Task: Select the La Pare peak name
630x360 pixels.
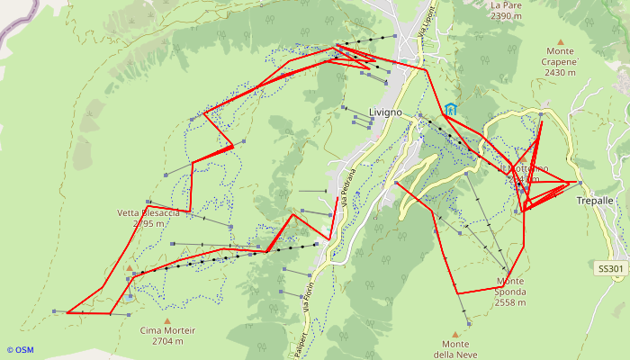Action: [506, 4]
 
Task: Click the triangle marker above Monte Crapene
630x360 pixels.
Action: [560, 41]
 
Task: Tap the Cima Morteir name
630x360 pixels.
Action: [168, 330]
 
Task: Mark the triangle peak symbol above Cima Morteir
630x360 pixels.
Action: [167, 319]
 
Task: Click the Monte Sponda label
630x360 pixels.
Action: [517, 281]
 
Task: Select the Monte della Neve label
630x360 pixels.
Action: [455, 349]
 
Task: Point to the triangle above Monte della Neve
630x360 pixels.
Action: [455, 334]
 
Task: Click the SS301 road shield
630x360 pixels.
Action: [610, 268]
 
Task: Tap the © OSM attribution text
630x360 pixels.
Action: [20, 350]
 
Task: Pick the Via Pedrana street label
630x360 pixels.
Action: [348, 186]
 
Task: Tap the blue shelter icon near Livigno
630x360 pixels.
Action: [450, 109]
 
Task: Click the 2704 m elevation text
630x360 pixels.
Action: [168, 341]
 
